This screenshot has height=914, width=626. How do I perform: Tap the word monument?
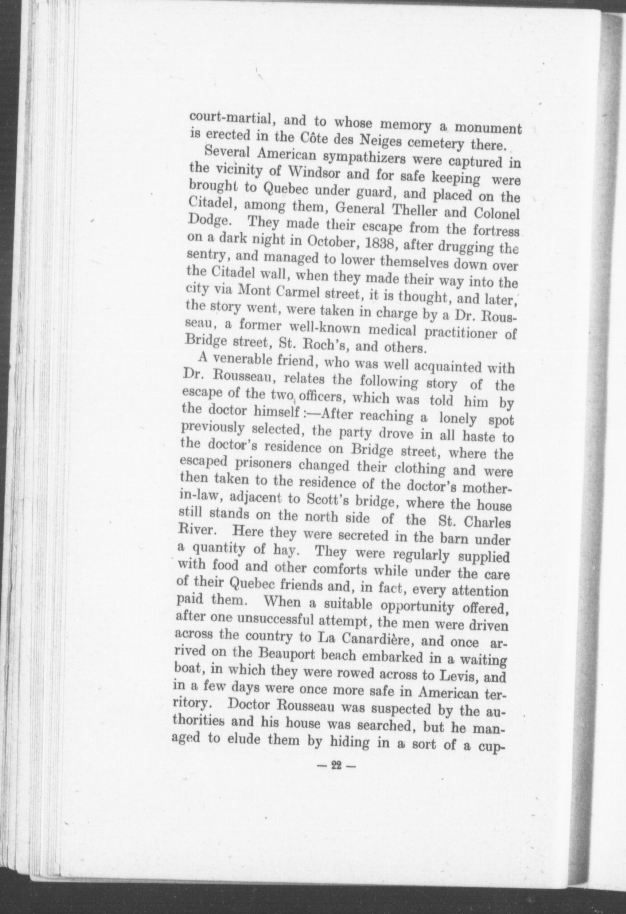point(488,128)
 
